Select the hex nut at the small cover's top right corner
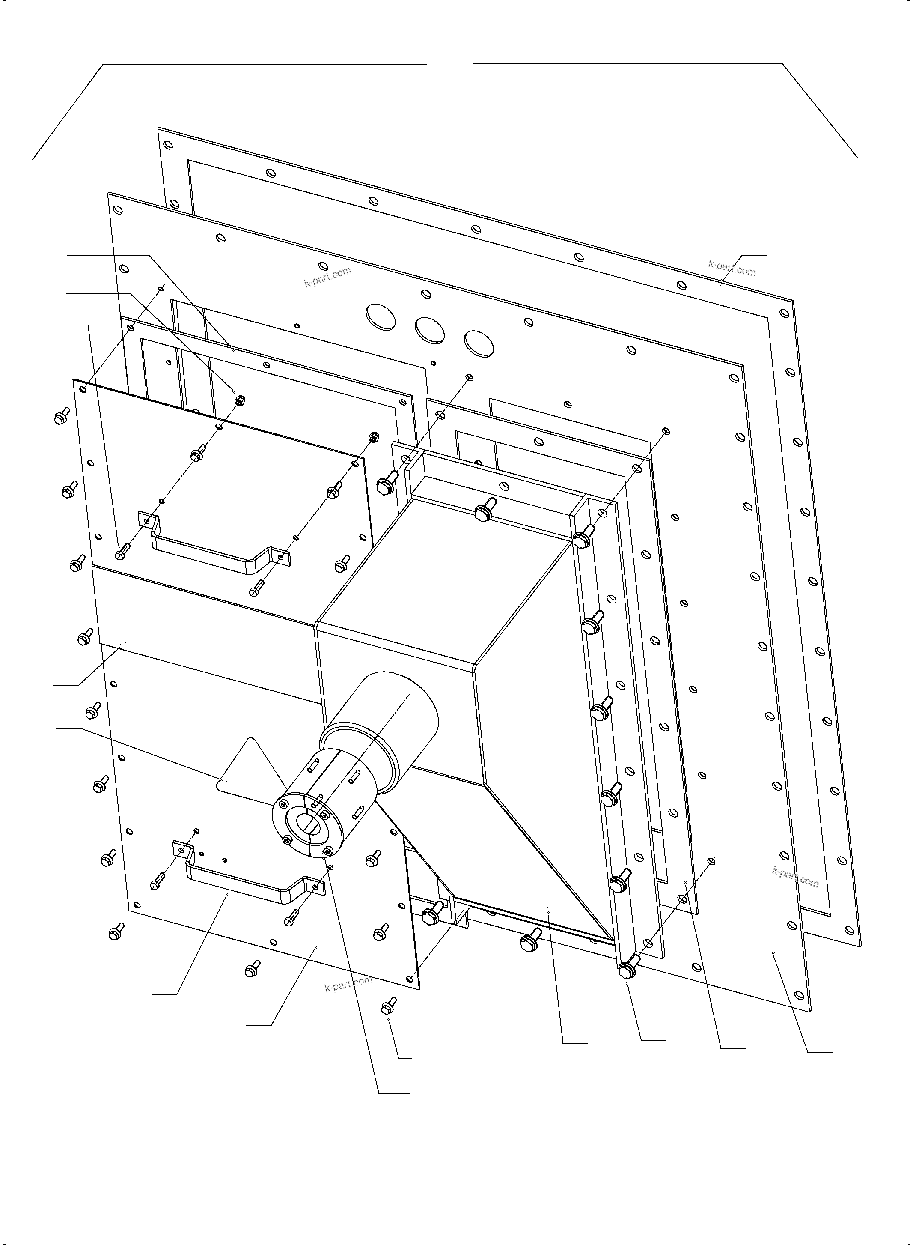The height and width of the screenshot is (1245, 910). click(373, 436)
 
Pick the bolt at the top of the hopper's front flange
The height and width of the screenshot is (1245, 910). click(483, 510)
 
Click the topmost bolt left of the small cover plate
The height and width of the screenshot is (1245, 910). click(61, 417)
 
